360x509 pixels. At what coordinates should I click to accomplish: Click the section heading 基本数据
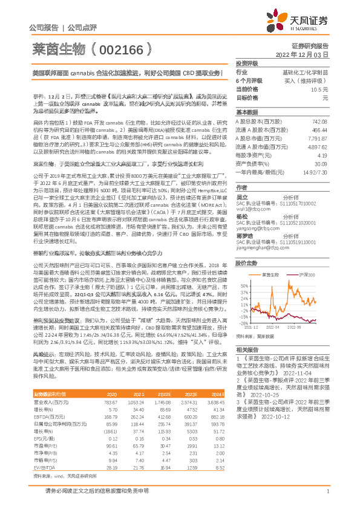coord(247,113)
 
